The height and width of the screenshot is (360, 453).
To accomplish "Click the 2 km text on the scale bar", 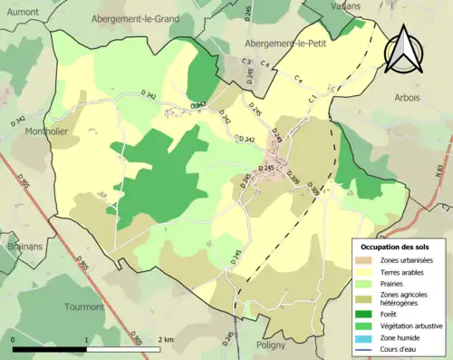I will (x=164, y=339).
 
